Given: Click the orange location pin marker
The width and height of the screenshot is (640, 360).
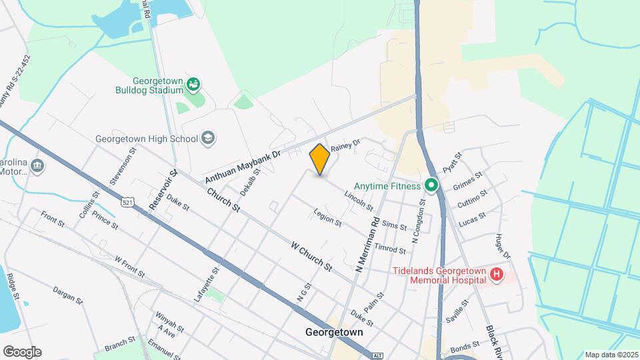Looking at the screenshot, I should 320,159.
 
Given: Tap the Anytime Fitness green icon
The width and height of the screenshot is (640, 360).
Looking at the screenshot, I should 431,185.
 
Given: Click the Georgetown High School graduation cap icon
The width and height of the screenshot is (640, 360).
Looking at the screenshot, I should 208,138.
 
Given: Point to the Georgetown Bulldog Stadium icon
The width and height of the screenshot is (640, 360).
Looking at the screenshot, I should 193,84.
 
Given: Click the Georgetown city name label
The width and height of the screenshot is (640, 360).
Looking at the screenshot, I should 334,331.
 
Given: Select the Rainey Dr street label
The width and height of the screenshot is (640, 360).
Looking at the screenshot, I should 345,145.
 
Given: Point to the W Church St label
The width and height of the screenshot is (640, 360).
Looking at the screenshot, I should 311,255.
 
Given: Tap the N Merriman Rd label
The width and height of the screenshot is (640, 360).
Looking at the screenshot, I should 367,244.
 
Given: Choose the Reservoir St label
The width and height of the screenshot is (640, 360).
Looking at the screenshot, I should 163,189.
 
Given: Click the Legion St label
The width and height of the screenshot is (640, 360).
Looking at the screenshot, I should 327,217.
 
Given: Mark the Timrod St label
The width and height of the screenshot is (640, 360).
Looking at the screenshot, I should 390,249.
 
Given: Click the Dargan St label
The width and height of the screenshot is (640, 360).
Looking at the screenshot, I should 68,295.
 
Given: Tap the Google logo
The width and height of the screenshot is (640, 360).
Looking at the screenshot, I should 22,351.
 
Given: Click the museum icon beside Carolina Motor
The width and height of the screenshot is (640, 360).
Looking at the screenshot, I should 37,165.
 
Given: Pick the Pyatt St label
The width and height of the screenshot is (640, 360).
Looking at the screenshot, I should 452,161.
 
